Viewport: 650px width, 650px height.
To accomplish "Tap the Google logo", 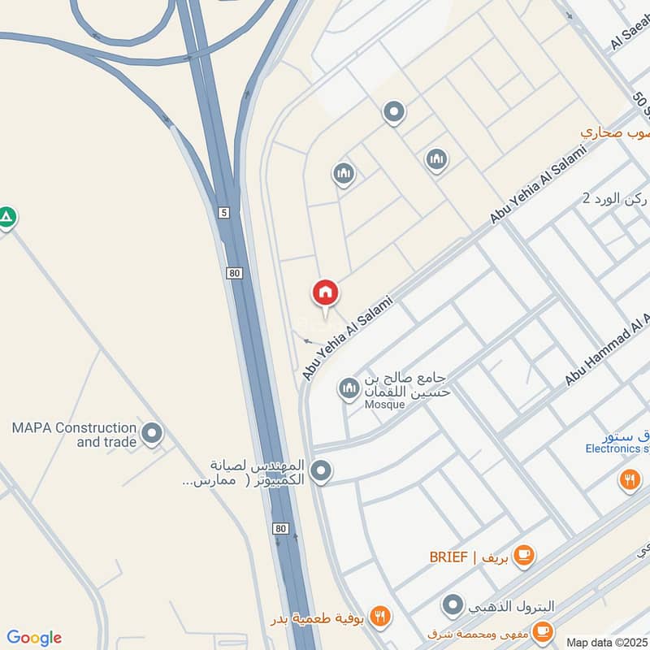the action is [34, 638].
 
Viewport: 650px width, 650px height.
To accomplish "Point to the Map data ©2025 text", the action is [607, 642].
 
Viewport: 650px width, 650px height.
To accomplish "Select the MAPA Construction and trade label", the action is [73, 435].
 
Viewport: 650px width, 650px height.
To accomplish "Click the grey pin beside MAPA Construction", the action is [152, 433].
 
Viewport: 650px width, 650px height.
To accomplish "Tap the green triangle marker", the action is [6, 218].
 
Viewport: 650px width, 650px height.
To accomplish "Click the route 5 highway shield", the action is [224, 212].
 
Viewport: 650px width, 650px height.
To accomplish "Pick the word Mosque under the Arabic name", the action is [384, 405].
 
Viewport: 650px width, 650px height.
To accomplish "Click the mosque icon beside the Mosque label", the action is [349, 389].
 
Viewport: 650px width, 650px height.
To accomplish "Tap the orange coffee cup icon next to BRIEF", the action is [524, 555].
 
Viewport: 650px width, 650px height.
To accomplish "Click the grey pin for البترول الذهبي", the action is [453, 604].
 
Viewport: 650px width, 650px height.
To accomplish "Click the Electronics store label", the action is [617, 448].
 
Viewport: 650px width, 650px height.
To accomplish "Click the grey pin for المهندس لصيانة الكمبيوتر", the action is [322, 470].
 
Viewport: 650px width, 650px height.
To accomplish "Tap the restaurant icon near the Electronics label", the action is [630, 480].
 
